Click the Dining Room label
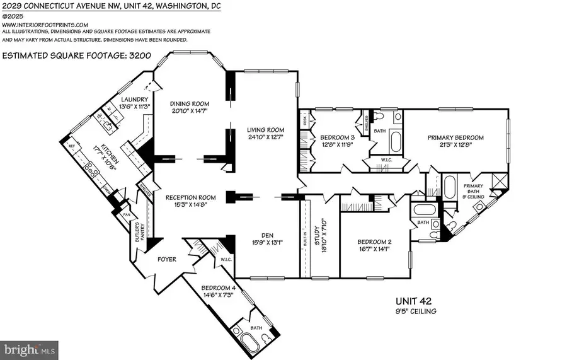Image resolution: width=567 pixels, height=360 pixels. pos(190,103)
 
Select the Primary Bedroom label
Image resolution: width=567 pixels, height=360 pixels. pos(455,137)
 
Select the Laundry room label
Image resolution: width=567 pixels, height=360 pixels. pos(135,99)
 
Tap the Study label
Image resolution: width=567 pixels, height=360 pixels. pos(320,235)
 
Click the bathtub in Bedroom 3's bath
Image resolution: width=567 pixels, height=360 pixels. pos(396,140)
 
